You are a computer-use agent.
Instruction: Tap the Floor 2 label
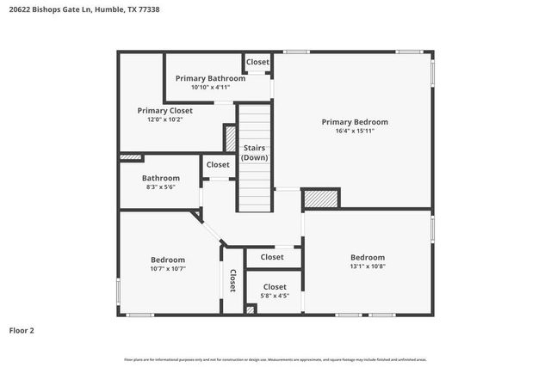coord(22,330)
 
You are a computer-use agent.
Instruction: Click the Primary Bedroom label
coord(355,122)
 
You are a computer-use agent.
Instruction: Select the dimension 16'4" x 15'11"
coord(355,131)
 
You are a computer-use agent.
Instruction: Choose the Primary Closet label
coord(164,110)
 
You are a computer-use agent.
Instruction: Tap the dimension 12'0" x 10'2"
coord(164,119)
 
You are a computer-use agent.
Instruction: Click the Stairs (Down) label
coord(254,153)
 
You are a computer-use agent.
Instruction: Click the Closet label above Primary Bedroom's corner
coord(257,62)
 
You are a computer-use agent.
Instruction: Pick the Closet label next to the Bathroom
coord(218,164)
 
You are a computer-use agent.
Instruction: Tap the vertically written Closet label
coord(232,282)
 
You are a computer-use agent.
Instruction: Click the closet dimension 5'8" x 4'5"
coord(275,296)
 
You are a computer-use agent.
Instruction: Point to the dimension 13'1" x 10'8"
coord(367,266)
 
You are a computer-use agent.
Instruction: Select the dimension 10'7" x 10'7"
coord(168,269)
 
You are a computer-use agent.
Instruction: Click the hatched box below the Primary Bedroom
coord(320,199)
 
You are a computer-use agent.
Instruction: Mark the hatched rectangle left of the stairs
coord(230,138)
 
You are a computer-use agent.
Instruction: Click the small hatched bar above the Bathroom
coord(130,156)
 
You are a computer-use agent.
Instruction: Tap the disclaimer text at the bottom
coord(275,359)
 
